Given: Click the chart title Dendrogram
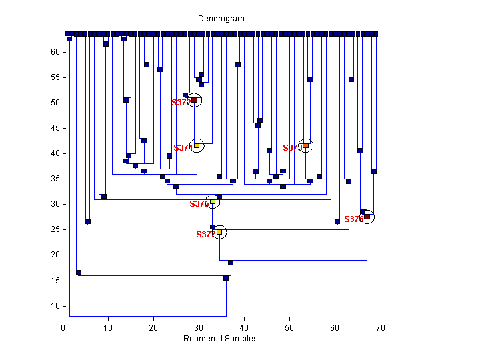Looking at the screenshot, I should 221,19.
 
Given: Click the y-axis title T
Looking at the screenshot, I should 42,175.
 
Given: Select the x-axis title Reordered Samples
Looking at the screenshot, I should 221,339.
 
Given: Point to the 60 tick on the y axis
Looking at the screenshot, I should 56,52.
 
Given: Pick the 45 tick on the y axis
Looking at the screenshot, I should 56,128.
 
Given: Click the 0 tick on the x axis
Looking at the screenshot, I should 63,328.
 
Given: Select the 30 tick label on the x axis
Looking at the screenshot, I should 199,328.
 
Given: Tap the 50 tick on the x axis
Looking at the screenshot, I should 289,328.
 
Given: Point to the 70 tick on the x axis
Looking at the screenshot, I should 380,328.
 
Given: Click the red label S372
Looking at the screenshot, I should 181,103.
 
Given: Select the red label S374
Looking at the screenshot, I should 183,148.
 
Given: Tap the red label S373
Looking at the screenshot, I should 292,148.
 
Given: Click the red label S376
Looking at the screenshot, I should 353,219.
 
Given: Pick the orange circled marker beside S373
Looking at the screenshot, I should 306,145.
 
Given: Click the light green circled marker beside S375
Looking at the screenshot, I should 213,201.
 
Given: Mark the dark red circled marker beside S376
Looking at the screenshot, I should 367,217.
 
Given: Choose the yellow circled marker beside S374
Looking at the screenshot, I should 197,145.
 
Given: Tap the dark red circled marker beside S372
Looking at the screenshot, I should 194,101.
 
